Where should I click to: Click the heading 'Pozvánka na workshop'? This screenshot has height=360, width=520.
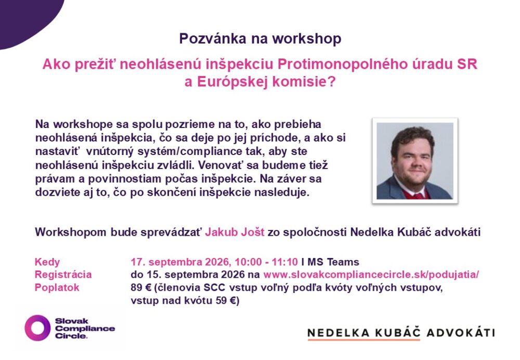click(260, 38)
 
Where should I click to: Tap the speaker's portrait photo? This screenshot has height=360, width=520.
click(415, 161)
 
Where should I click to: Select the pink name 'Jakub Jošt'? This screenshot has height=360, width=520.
click(235, 232)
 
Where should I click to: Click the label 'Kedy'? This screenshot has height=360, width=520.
click(47, 262)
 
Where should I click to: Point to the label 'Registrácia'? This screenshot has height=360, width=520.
click(63, 274)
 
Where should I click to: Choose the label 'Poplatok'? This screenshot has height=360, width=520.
click(57, 287)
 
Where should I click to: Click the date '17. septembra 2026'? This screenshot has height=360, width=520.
click(180, 262)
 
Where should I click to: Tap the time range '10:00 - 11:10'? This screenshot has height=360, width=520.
click(266, 262)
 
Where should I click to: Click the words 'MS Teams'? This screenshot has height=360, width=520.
click(333, 262)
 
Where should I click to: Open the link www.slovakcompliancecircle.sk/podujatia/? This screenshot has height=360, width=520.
click(371, 275)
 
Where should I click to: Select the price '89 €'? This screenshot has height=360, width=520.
click(141, 287)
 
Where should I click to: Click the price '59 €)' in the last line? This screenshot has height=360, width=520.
click(229, 301)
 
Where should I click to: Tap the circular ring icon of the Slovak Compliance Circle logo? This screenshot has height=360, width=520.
click(37, 328)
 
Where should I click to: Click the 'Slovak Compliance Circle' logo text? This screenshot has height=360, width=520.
click(85, 328)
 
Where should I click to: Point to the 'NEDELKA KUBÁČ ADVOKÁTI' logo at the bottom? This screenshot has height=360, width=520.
click(401, 333)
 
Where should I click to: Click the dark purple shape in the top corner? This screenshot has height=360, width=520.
click(27, 20)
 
